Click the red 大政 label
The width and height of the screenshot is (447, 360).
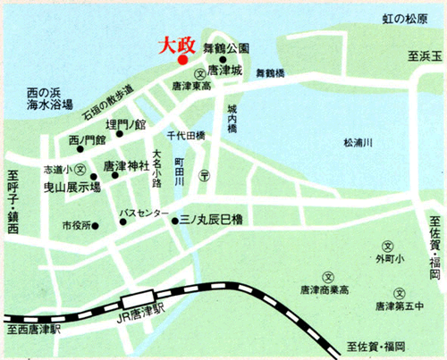176,44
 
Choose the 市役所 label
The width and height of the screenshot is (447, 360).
76,225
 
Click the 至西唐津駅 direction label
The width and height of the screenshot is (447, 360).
31,330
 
